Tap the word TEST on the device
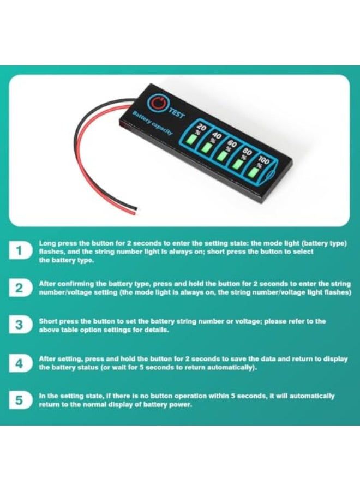click(x=176, y=112)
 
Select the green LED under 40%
click(x=206, y=147)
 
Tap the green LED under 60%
click(x=221, y=155)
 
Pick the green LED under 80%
click(x=238, y=164)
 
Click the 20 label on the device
click(x=200, y=127)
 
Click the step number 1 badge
click(x=19, y=252)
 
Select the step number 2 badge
click(x=19, y=288)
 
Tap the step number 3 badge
click(x=19, y=325)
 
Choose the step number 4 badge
click(x=19, y=363)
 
